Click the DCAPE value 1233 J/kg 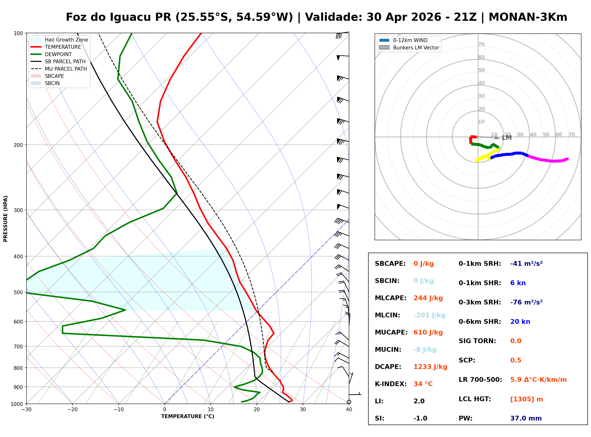(x=430, y=367)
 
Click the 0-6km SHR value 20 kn (x=520, y=322)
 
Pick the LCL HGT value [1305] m (x=527, y=399)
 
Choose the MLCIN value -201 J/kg (x=429, y=315)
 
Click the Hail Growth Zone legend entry (x=66, y=40)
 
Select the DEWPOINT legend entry (x=58, y=54)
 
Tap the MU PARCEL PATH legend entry (x=66, y=69)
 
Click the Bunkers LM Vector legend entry (x=416, y=48)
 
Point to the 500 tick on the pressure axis (x=18, y=292)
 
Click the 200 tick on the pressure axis (x=18, y=145)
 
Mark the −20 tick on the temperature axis (x=72, y=410)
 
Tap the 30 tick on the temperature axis (x=303, y=410)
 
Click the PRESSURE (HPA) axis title (x=5, y=219)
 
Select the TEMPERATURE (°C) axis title (x=188, y=416)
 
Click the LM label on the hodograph (x=506, y=138)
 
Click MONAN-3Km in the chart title (x=527, y=17)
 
